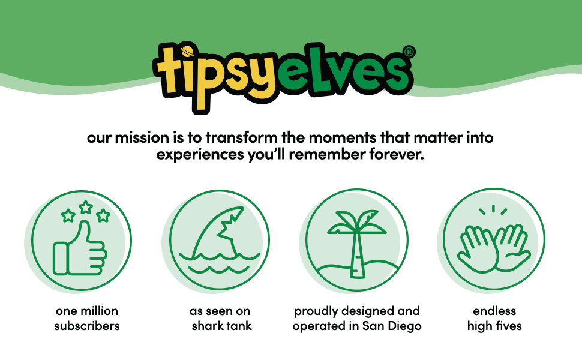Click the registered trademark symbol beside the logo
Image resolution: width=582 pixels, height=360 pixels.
pyautogui.click(x=409, y=52)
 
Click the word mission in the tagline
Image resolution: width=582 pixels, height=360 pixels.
pyautogui.click(x=136, y=137)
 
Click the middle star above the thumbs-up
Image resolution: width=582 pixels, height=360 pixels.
pyautogui.click(x=86, y=208)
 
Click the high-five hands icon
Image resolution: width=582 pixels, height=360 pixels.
pyautogui.click(x=494, y=243)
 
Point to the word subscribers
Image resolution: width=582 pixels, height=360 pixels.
pyautogui.click(x=87, y=327)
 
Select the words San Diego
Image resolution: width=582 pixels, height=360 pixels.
pyautogui.click(x=397, y=327)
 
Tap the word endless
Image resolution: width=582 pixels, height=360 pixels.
pyautogui.click(x=494, y=311)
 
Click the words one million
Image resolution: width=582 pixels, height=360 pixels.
pyautogui.click(x=87, y=311)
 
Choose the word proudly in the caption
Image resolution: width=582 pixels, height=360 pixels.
pyautogui.click(x=315, y=311)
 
